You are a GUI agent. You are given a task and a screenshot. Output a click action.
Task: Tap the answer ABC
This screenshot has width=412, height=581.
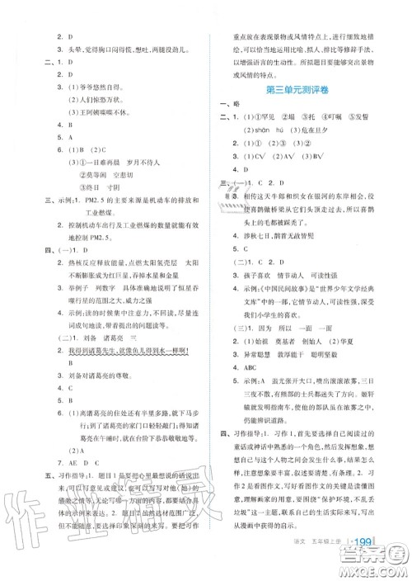point(243,370)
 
